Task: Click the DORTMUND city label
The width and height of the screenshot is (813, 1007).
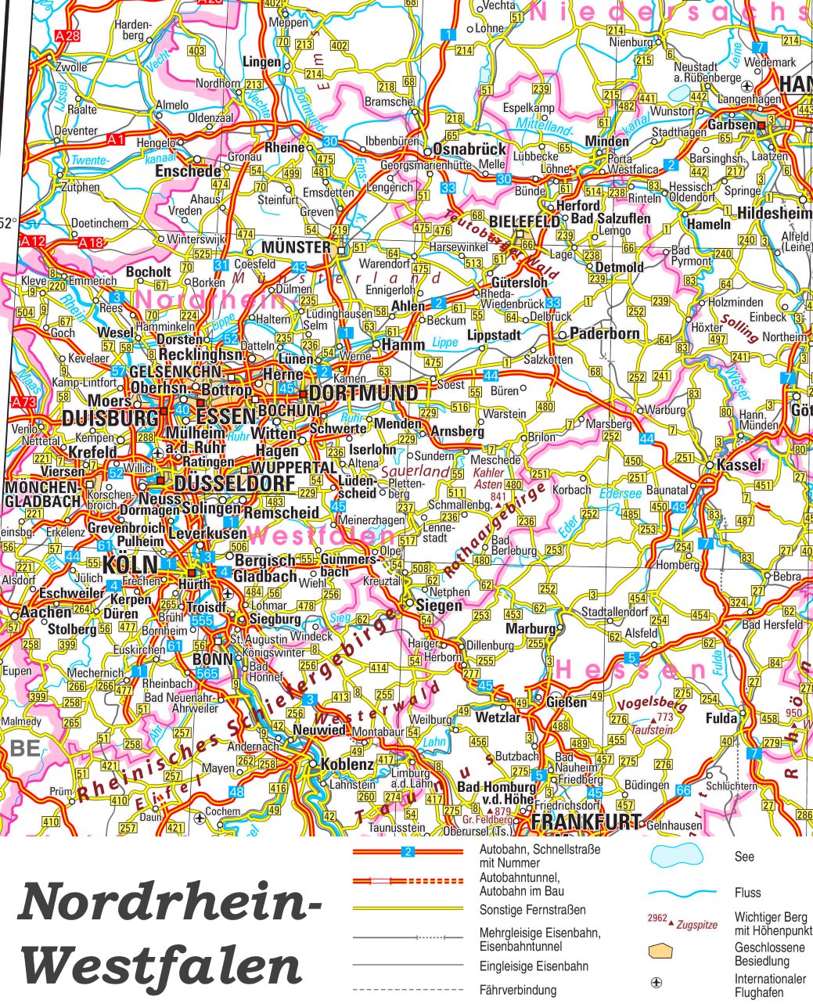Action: [364, 393]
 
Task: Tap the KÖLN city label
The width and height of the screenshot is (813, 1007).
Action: [129, 565]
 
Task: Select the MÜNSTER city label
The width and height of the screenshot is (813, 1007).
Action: [296, 247]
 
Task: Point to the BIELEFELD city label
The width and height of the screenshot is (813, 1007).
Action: [524, 221]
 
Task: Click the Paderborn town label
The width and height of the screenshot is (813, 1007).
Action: [604, 333]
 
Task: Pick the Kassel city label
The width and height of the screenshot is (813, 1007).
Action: [739, 465]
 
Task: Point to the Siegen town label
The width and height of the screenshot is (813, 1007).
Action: [438, 606]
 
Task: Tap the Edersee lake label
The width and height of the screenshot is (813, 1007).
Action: [621, 494]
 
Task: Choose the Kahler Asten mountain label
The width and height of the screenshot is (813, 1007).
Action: [490, 479]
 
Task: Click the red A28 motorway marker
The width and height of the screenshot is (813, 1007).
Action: [68, 35]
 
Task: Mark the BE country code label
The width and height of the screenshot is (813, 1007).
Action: [25, 748]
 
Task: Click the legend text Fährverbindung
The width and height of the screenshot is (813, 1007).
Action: [517, 991]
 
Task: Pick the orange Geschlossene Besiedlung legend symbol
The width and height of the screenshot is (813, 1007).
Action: [661, 951]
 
